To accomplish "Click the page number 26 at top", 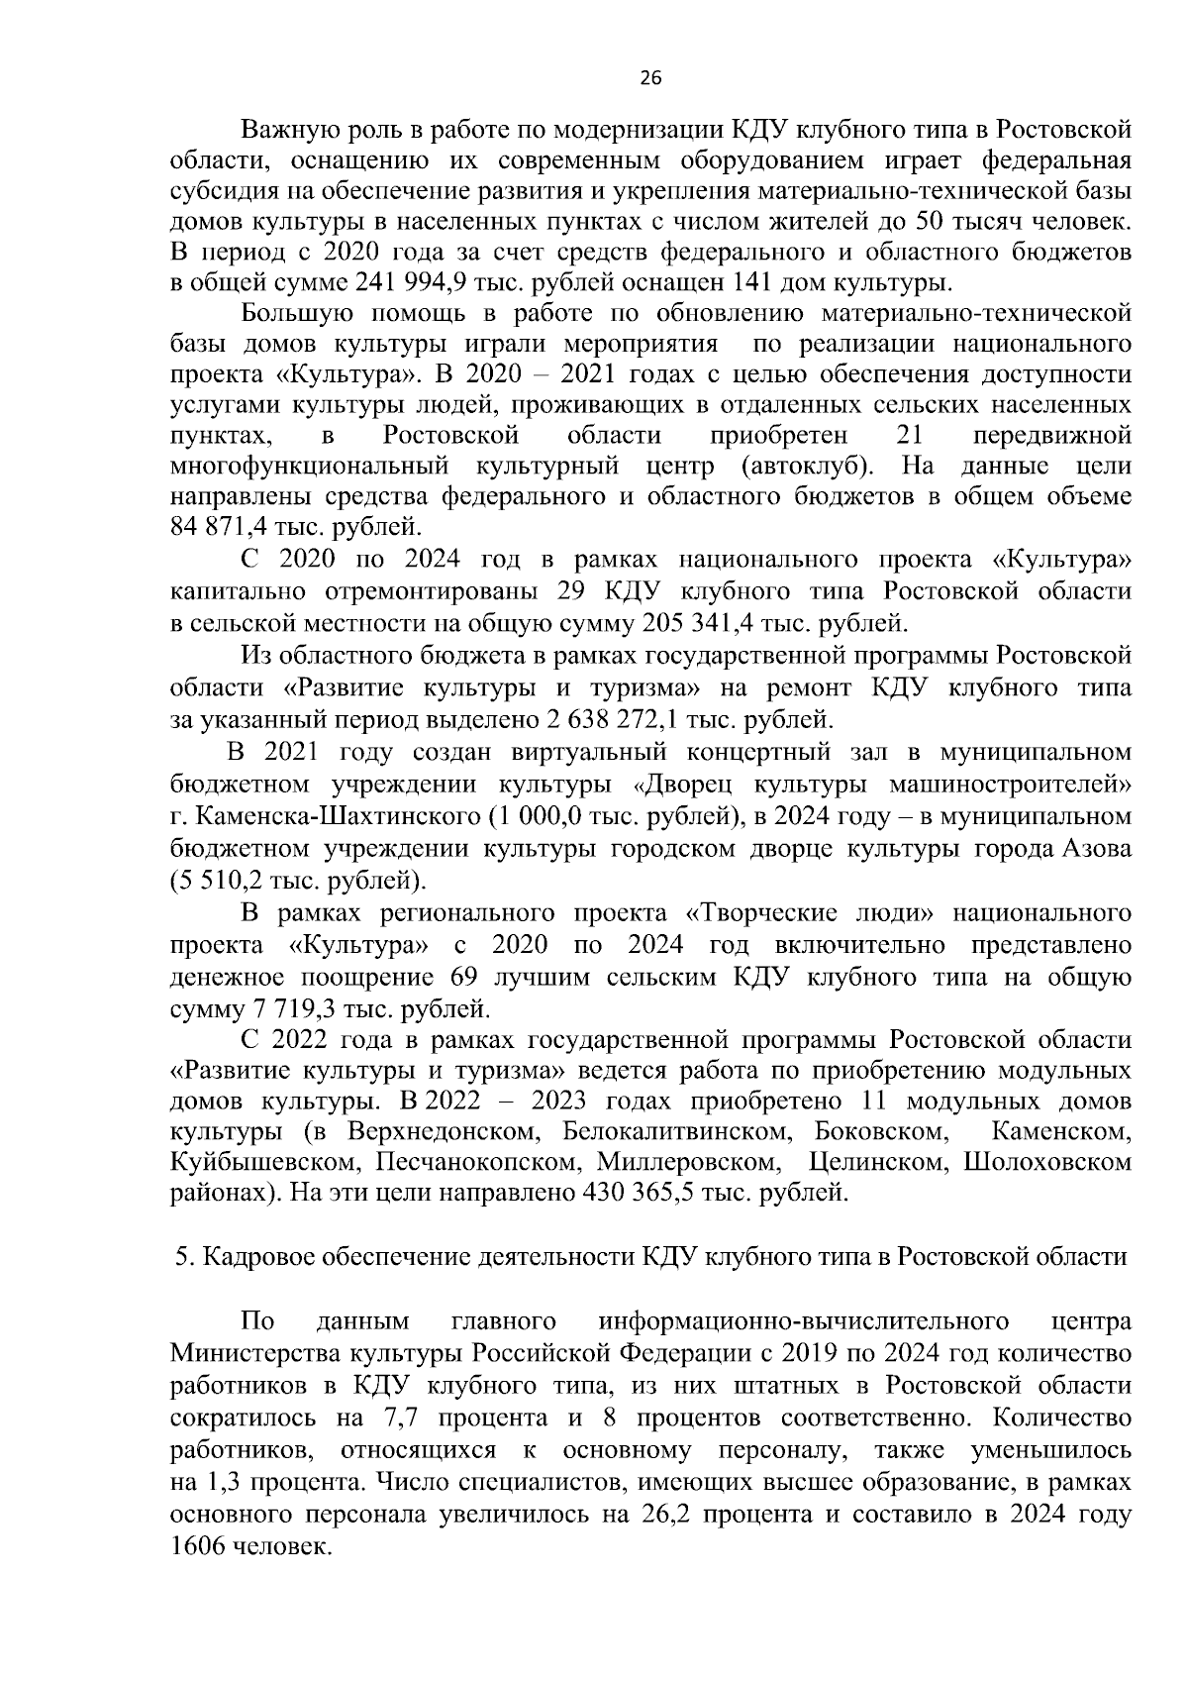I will (x=650, y=79).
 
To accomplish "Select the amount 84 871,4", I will (x=213, y=527).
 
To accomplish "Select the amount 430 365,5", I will (x=638, y=1193).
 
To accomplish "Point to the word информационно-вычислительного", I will (x=804, y=1321).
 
